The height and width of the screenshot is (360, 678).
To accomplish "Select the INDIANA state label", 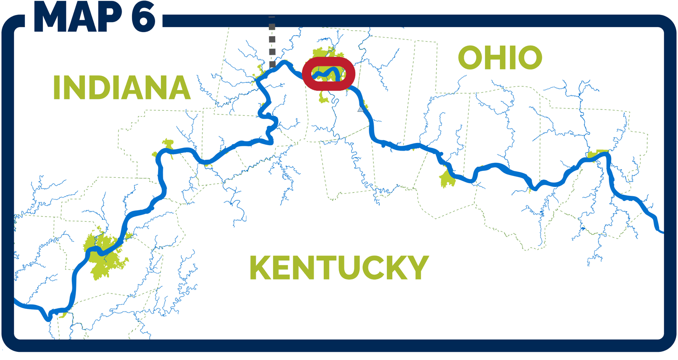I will click(x=122, y=87).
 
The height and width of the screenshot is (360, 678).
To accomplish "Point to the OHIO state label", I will click(x=500, y=58).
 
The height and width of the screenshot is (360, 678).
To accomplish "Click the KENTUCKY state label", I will click(x=339, y=268).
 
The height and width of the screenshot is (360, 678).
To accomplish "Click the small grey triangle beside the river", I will click(x=361, y=109).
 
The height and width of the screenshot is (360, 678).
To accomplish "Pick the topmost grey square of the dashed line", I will click(x=272, y=27).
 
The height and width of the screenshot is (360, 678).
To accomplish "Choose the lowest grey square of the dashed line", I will click(x=272, y=65).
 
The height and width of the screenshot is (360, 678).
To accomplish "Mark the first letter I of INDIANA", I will click(x=57, y=87).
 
